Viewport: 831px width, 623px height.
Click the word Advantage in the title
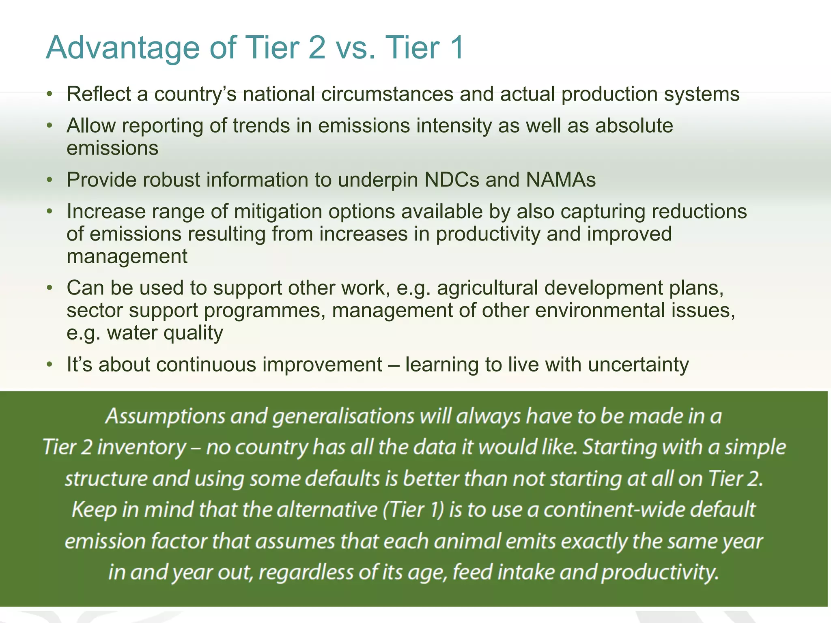123,48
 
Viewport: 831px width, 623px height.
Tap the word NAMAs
561,180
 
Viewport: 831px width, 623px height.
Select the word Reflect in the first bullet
99,94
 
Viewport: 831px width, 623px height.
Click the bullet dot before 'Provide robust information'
50,180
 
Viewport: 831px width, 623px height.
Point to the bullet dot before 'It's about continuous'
50,364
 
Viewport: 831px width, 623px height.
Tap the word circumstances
387,94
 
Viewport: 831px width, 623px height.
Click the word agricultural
487,288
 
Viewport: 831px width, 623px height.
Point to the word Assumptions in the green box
165,417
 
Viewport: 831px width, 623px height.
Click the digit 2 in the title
316,48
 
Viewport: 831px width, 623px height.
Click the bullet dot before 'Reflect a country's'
50,94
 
